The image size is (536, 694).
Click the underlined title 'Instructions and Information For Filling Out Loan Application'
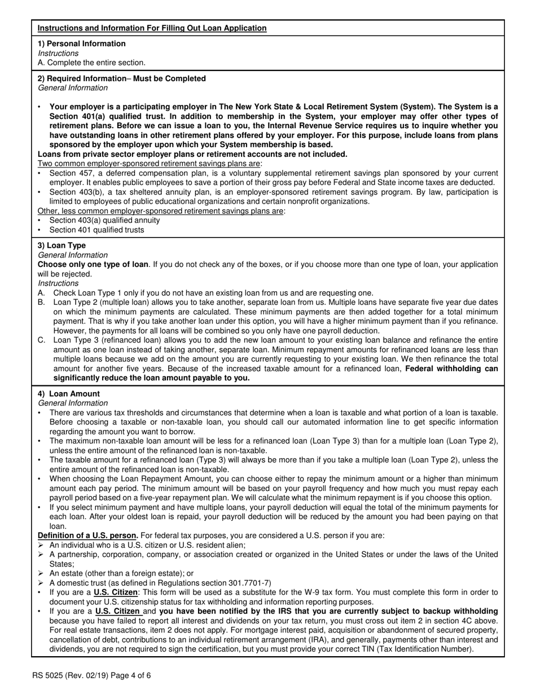tap(152, 28)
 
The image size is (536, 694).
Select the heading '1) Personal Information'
tap(82, 43)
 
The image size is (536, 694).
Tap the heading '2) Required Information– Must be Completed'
tap(122, 78)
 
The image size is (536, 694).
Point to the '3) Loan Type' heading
tap(62, 245)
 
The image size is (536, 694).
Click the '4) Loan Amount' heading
tap(69, 394)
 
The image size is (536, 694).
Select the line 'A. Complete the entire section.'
tap(91, 63)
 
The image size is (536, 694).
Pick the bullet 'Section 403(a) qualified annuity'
tap(104, 220)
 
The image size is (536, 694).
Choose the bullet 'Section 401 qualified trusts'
tap(96, 230)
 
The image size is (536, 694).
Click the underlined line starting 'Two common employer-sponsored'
tap(150, 164)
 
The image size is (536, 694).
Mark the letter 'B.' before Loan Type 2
tap(42, 302)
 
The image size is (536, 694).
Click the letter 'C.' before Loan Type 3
tap(42, 340)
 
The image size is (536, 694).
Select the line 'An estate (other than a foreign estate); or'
tap(121, 573)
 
